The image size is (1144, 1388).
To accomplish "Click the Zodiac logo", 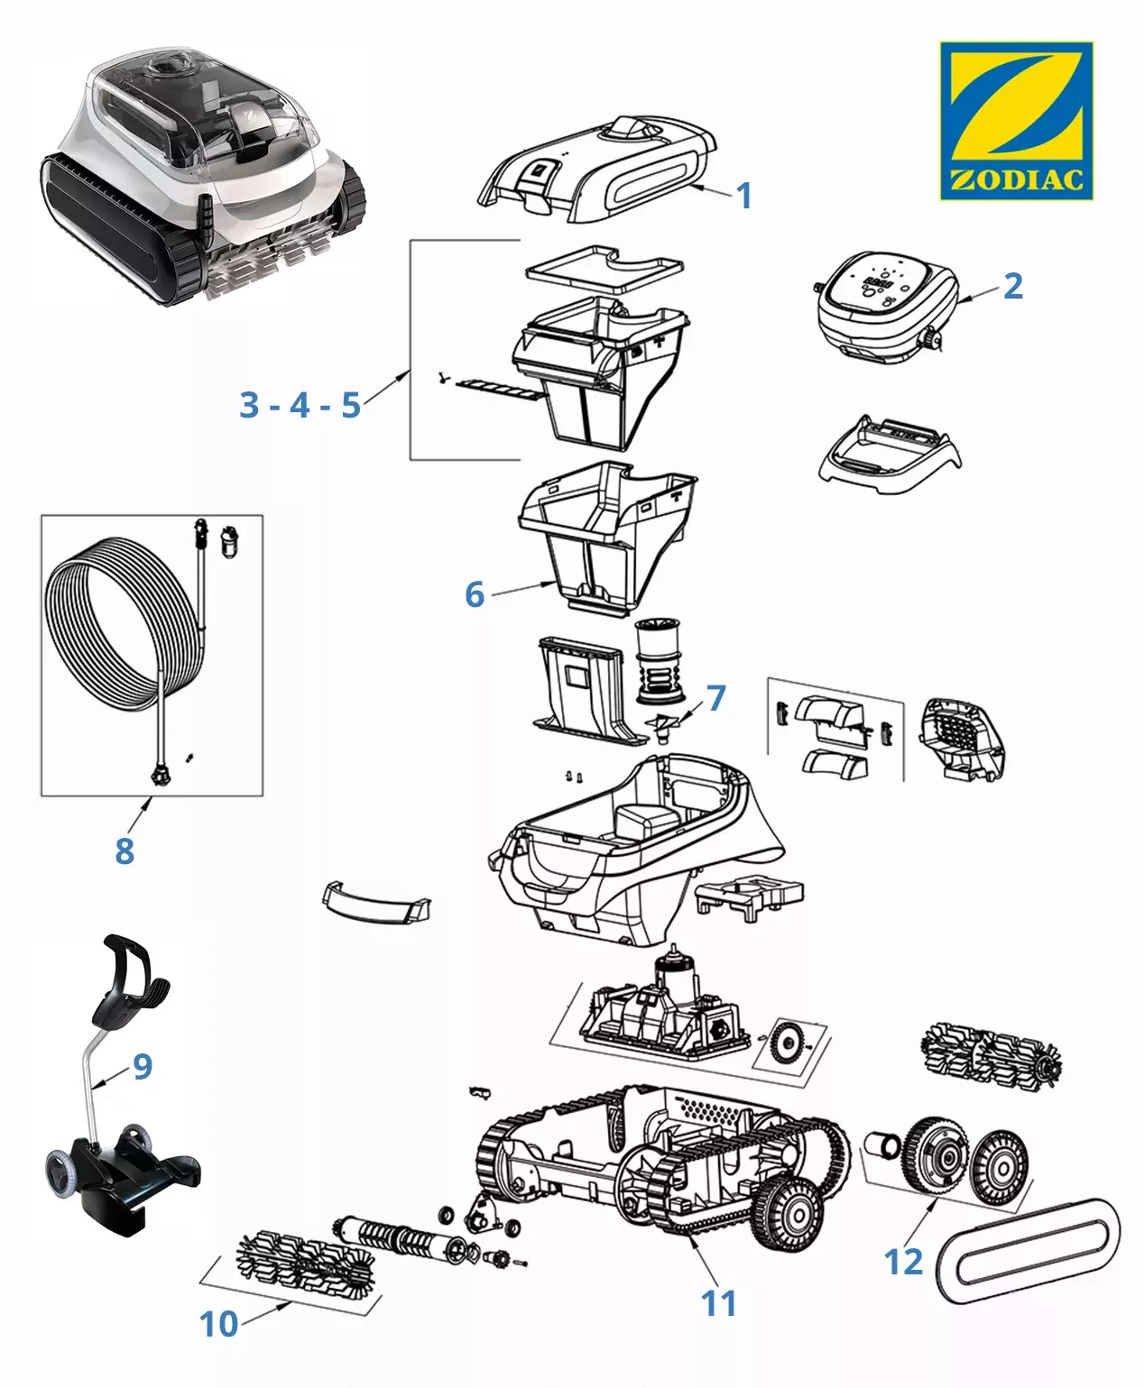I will (x=1016, y=120).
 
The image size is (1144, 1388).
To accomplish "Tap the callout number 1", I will (x=743, y=196).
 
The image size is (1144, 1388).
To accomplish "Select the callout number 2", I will (x=1012, y=286).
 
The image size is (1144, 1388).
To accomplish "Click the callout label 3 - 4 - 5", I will (x=300, y=405).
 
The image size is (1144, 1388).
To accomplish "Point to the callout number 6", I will (x=475, y=594).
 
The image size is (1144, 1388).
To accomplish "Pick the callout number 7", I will (x=715, y=697).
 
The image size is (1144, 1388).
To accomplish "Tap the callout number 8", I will (x=125, y=850).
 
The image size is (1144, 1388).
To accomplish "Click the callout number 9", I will (x=143, y=1066).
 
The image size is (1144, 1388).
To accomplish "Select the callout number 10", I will (x=218, y=1323).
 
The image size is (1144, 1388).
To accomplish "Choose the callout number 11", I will (x=719, y=1302).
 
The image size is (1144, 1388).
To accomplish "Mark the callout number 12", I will (x=904, y=1261).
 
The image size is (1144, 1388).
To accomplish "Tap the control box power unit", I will (x=886, y=307).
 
